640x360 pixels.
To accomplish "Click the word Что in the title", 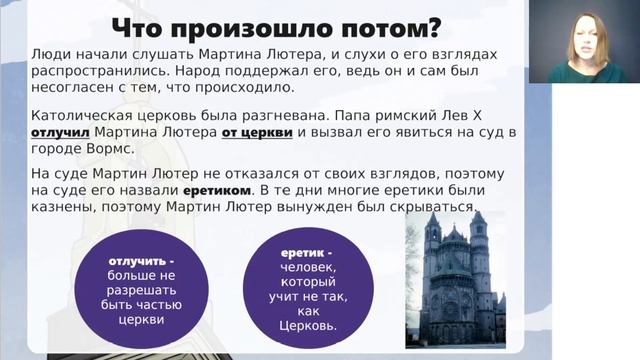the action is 136,28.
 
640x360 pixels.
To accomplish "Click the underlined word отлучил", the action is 60,133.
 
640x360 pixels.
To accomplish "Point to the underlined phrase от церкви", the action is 257,133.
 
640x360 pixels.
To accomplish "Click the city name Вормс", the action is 110,149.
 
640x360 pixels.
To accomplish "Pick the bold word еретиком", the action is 217,191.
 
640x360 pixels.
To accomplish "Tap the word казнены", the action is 63,207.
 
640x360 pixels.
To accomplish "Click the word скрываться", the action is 433,207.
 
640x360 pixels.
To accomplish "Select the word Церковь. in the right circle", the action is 308,326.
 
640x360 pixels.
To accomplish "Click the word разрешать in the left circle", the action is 141,290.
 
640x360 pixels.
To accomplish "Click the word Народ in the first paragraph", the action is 198,71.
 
